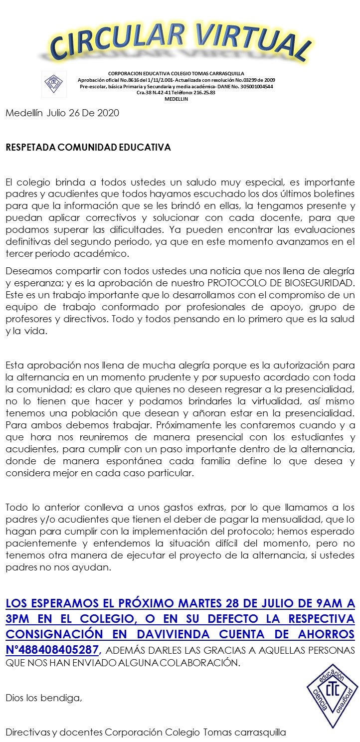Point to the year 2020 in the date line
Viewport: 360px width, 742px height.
pyautogui.click(x=108, y=113)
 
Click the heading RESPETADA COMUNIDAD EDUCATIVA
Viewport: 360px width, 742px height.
pyautogui.click(x=88, y=148)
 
